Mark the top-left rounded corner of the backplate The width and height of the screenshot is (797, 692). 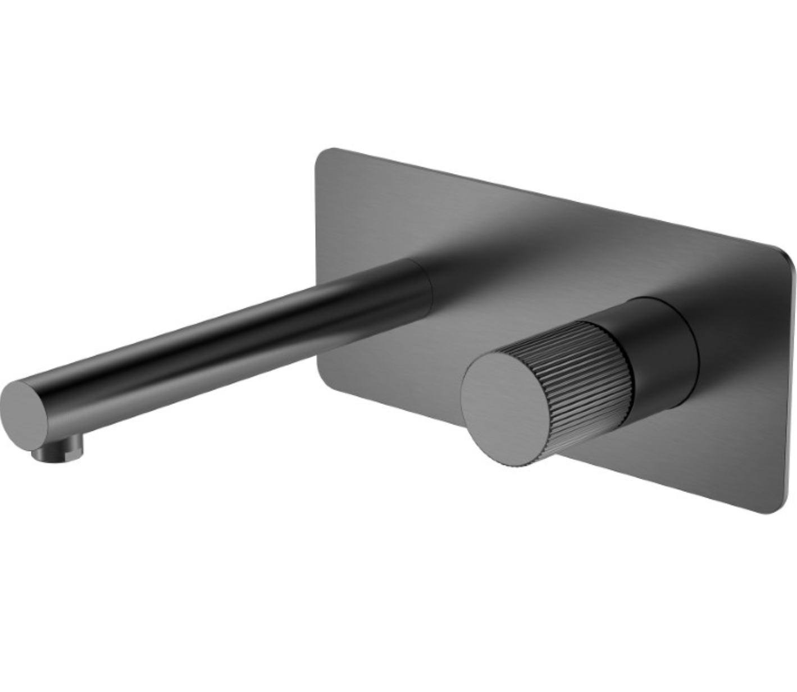(x=325, y=155)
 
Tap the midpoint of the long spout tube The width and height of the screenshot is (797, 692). (x=225, y=343)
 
